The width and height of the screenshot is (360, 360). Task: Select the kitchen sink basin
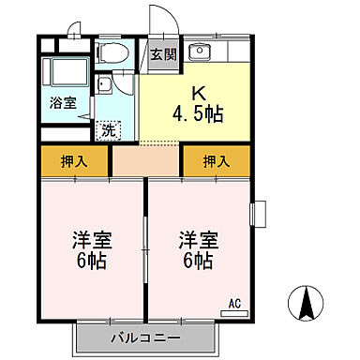click(199, 52)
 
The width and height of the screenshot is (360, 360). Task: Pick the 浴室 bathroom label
click(63, 105)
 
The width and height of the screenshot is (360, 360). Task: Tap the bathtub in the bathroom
click(66, 73)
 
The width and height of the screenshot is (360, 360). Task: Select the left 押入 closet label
click(74, 160)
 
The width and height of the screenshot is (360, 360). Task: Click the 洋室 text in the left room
click(87, 239)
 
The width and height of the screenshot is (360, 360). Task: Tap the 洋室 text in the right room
click(197, 239)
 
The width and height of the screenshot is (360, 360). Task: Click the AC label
click(237, 303)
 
